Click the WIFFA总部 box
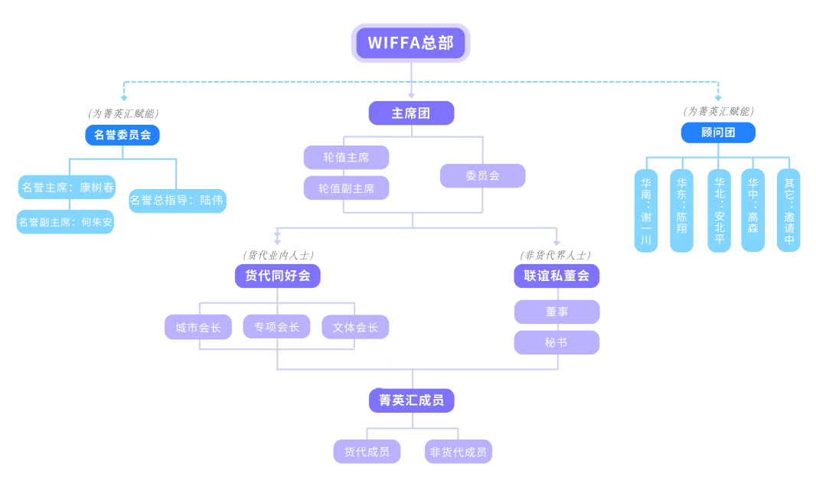coord(410,43)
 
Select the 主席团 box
coord(411,113)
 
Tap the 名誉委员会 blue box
coord(122,136)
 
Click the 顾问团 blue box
coord(718,132)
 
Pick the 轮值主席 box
coord(346,157)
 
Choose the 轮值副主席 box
coord(346,188)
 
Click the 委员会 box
coord(482,175)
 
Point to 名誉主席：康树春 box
coord(67,187)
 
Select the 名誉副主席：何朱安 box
coord(65,222)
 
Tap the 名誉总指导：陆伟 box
coord(178,201)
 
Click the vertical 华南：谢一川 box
coord(646,211)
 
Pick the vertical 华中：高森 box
coord(752,211)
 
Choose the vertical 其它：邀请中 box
coord(788,211)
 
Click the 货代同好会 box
coord(277,276)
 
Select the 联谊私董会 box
coord(557,276)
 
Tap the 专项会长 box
coord(276,327)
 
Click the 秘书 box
coord(557,342)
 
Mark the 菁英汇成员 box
coord(411,400)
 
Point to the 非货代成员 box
coord(458,452)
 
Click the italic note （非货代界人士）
coord(556,255)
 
